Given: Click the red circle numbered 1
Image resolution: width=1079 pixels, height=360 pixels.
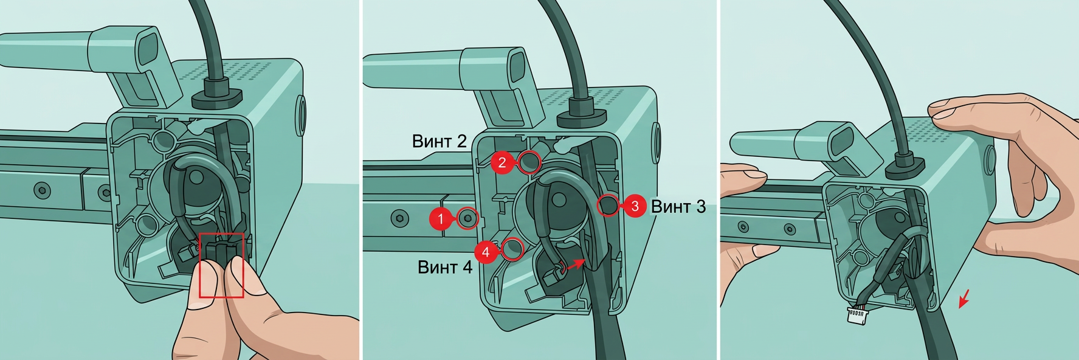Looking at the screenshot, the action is (x=441, y=219).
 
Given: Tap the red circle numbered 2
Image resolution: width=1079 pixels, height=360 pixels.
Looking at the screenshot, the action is (x=502, y=162).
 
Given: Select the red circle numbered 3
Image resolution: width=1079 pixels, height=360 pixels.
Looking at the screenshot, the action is (x=635, y=206).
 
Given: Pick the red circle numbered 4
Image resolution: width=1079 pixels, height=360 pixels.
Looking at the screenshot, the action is (x=486, y=251).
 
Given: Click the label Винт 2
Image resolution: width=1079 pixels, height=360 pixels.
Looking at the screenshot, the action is (x=439, y=142).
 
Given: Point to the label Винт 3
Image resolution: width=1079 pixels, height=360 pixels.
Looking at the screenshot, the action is (x=678, y=207).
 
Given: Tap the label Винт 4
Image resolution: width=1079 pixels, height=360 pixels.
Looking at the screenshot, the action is (x=445, y=267).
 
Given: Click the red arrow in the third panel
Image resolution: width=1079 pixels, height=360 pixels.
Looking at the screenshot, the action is (x=964, y=299).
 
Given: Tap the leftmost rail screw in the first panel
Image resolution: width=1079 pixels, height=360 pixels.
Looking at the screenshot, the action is (x=41, y=190).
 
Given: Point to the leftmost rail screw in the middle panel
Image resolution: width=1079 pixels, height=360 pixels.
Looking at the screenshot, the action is (x=397, y=217).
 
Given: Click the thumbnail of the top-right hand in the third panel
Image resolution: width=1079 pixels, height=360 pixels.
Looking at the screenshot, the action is (x=943, y=110).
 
